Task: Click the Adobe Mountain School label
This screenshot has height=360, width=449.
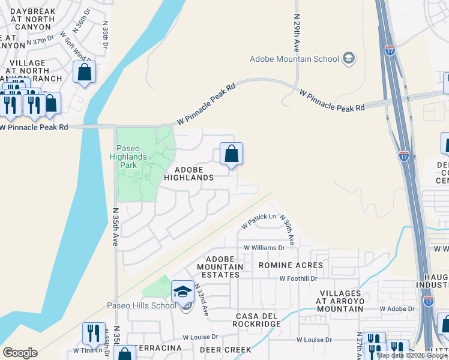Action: (x=294, y=58)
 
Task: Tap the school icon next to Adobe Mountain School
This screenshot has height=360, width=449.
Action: (x=349, y=59)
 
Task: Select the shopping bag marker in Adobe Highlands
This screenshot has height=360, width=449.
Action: (x=231, y=155)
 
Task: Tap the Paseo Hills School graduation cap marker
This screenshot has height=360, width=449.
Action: (x=183, y=292)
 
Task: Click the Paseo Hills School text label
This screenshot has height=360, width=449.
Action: (x=142, y=305)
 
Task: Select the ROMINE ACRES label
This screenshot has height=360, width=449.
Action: (x=291, y=265)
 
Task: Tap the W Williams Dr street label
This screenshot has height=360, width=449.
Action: (x=264, y=247)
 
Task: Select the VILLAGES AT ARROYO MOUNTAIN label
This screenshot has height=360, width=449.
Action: (x=332, y=301)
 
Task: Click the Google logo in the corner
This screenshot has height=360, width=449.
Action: (x=20, y=353)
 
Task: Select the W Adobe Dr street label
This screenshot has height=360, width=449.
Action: (x=397, y=308)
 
